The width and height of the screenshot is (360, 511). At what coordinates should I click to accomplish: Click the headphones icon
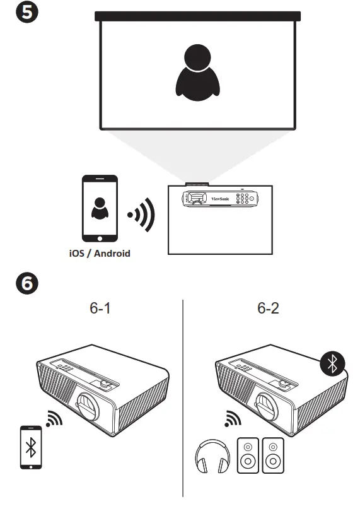pyautogui.click(x=209, y=455)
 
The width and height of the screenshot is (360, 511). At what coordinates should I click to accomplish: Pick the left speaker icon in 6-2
pyautogui.click(x=248, y=455)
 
